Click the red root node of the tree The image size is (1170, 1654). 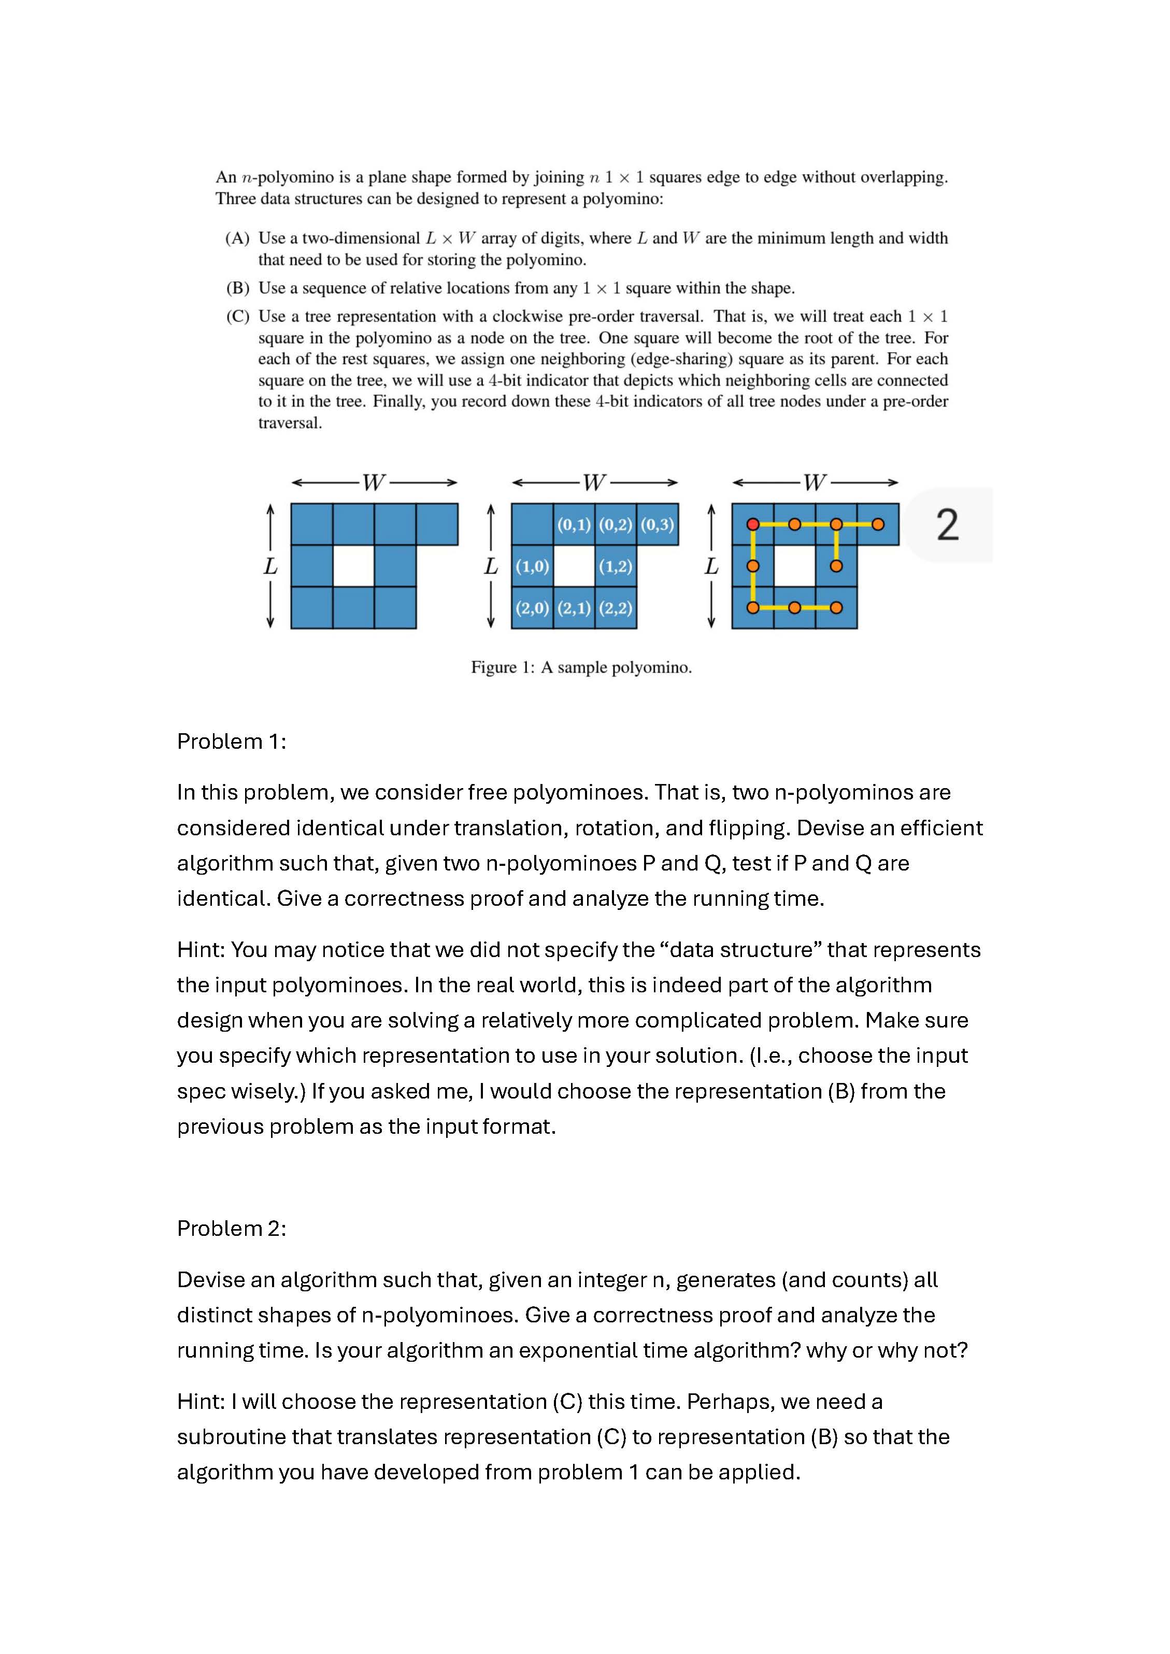click(x=753, y=524)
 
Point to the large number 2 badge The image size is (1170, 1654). click(x=947, y=524)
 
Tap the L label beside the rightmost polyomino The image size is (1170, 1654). click(x=711, y=566)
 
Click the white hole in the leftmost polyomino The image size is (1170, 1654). click(x=353, y=566)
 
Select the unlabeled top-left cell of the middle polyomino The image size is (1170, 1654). click(x=532, y=524)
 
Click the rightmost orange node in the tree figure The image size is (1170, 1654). click(x=878, y=524)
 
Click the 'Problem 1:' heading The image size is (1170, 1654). click(x=231, y=742)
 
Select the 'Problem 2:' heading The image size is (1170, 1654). click(x=231, y=1228)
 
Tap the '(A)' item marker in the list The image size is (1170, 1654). click(x=237, y=238)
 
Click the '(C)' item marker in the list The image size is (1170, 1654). click(x=237, y=316)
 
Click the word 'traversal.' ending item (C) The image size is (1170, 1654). click(x=290, y=423)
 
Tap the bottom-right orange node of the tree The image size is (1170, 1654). click(x=836, y=608)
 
